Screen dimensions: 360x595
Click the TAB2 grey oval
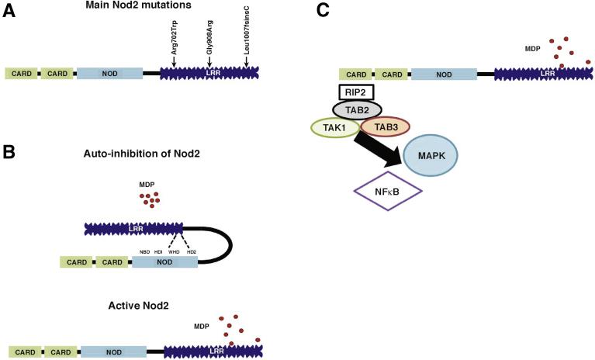point(358,110)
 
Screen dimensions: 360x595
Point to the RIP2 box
point(358,92)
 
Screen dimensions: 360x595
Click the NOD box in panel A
point(109,73)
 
